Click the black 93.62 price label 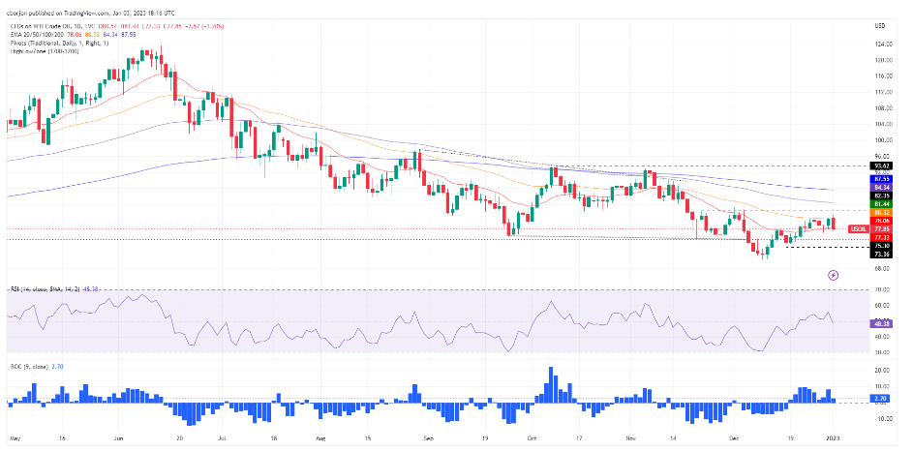[x=881, y=165]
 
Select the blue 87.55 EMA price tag [x=881, y=179]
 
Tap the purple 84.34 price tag [x=881, y=188]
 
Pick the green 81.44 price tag [x=881, y=204]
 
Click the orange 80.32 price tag [x=881, y=212]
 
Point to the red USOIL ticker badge [x=857, y=228]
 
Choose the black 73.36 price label [x=881, y=254]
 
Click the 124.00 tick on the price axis [x=881, y=45]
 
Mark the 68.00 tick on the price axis [x=881, y=267]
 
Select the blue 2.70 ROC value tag [x=881, y=398]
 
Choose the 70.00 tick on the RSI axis [x=881, y=289]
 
